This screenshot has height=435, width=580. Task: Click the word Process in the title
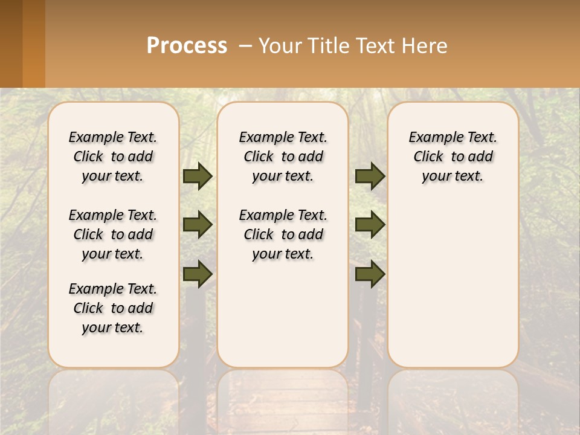[187, 46]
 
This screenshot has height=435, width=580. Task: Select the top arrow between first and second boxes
[198, 176]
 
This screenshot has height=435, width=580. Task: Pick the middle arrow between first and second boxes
[198, 225]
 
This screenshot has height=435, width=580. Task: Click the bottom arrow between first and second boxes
[198, 274]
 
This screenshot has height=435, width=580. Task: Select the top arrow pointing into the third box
[370, 176]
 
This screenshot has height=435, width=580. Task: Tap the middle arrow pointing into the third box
[370, 225]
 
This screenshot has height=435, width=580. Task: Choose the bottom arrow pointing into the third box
[370, 274]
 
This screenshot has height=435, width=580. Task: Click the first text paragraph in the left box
[113, 156]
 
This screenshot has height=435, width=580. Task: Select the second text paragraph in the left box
[113, 234]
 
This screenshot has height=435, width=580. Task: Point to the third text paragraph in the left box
[113, 308]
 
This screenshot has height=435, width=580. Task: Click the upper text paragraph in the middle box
[283, 156]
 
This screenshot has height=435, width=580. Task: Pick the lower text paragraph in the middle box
[283, 234]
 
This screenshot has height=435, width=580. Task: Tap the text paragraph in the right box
[453, 156]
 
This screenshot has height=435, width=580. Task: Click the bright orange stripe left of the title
[34, 43]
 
